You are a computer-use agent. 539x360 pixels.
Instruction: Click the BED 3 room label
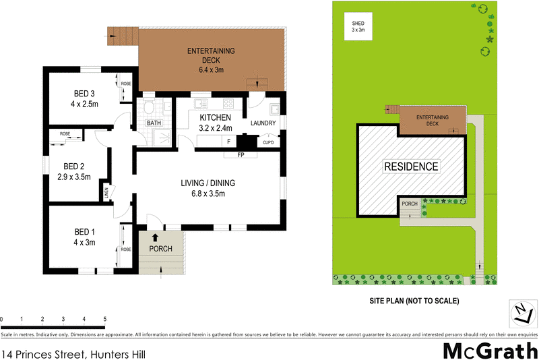(86, 93)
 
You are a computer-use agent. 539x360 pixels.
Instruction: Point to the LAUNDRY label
(263, 123)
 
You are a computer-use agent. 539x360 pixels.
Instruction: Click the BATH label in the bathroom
(154, 123)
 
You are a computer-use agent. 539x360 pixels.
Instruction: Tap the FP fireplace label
(240, 155)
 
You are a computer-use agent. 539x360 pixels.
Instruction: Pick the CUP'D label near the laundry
(267, 142)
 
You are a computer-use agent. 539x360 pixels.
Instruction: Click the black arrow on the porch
(156, 237)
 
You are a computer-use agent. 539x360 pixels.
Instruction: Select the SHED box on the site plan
(357, 27)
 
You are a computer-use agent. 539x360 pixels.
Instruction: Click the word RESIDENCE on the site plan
(411, 167)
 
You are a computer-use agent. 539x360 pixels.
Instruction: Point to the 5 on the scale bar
(104, 319)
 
